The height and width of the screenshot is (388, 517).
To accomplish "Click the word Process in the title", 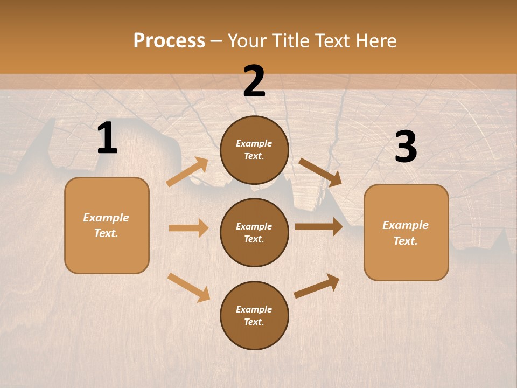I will click(169, 41).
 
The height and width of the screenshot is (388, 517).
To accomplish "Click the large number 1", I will click(107, 138).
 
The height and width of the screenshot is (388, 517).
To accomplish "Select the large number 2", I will click(254, 82).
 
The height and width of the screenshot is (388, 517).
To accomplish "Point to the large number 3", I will click(406, 147).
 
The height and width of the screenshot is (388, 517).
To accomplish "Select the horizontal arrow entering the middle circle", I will click(188, 228).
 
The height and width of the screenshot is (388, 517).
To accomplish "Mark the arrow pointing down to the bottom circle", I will click(188, 288).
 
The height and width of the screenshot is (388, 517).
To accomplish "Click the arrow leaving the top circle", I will click(320, 172).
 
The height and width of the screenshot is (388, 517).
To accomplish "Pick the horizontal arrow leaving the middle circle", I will click(319, 227).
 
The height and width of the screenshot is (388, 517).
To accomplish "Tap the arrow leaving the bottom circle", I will click(317, 286).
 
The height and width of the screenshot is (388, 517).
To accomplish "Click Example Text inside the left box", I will click(106, 225).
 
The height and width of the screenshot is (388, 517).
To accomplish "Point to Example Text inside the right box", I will click(406, 233).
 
